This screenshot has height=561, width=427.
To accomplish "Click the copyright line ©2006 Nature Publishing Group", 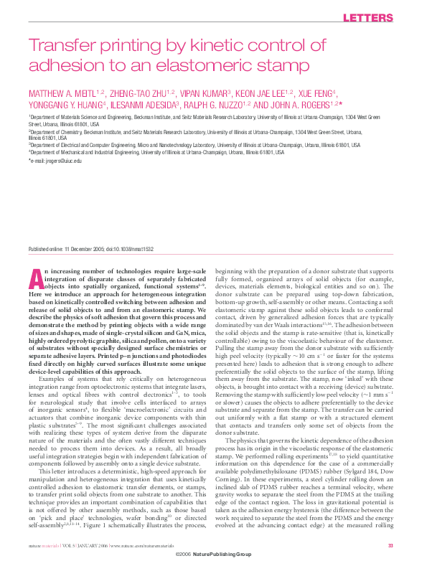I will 214,555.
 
